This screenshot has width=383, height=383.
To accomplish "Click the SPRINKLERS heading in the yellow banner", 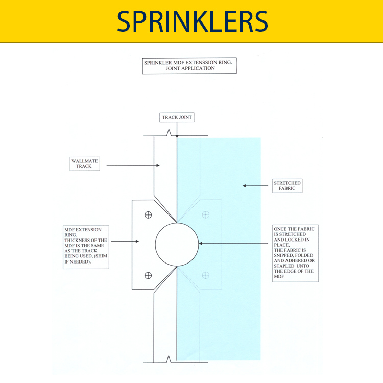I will click(192, 21).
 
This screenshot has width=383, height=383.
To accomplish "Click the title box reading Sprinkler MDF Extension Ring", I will click(189, 65).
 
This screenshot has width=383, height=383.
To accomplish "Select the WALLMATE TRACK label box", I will click(84, 163).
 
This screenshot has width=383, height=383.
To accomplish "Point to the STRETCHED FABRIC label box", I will click(287, 186).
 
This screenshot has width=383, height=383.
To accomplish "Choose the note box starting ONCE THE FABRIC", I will click(296, 252).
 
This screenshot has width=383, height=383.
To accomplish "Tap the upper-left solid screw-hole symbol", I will click(148, 214).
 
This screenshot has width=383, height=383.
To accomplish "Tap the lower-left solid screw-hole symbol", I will click(148, 275).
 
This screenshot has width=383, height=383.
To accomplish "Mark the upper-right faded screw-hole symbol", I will click(206, 214).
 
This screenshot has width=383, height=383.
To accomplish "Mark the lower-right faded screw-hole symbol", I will click(206, 275).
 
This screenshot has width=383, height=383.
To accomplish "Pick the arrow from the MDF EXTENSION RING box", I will click(125, 241).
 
